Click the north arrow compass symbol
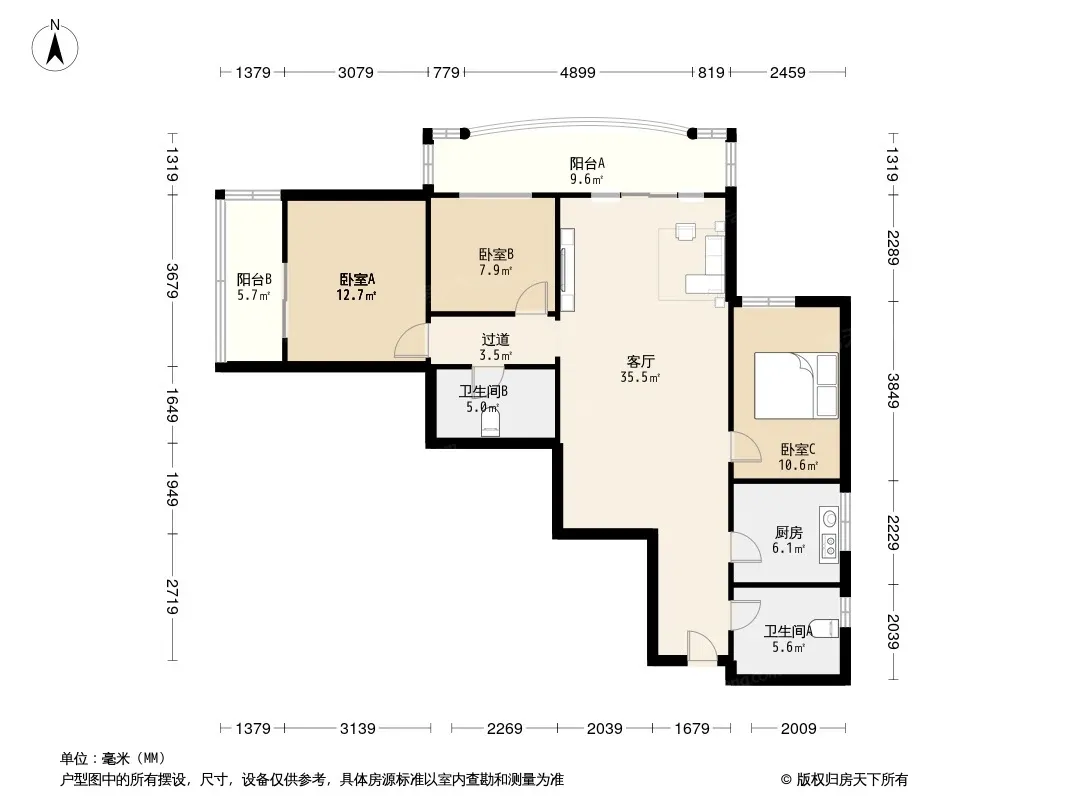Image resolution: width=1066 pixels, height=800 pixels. pyautogui.click(x=55, y=46)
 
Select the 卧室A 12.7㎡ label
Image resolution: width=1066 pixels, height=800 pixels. pyautogui.click(x=357, y=287)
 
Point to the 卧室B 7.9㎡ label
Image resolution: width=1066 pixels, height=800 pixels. pyautogui.click(x=496, y=262)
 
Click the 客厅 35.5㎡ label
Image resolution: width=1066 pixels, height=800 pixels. pyautogui.click(x=640, y=369)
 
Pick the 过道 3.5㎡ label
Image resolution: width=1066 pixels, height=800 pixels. pyautogui.click(x=496, y=347)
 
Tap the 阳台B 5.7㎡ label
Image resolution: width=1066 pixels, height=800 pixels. pyautogui.click(x=254, y=287)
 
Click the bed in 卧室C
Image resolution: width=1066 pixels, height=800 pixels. pyautogui.click(x=796, y=385)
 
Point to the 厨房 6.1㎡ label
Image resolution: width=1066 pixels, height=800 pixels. pyautogui.click(x=789, y=540)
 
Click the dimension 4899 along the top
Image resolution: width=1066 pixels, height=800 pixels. pyautogui.click(x=577, y=72)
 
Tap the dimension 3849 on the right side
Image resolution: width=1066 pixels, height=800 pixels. pyautogui.click(x=893, y=391)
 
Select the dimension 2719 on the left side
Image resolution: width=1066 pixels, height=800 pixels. pyautogui.click(x=172, y=597)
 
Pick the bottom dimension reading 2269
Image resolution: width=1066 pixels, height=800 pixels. pyautogui.click(x=504, y=729)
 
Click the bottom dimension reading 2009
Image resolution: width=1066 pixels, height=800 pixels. pyautogui.click(x=798, y=729)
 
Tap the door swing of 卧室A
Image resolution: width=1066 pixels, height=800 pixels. pyautogui.click(x=411, y=340)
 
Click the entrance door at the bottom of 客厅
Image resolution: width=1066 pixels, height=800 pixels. pyautogui.click(x=702, y=647)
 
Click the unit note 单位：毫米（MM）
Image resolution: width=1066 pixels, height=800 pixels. pyautogui.click(x=113, y=758)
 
